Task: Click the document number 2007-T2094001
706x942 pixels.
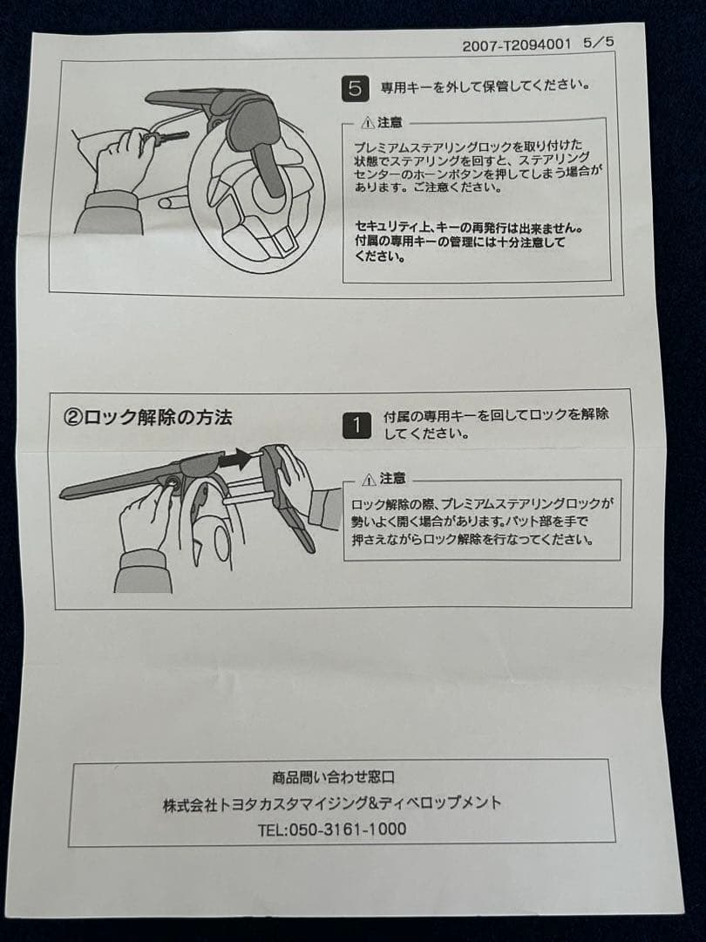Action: pos(516,45)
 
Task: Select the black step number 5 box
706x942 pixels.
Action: pos(355,88)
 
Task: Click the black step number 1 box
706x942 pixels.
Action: pos(356,426)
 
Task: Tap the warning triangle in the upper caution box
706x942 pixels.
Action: pos(368,123)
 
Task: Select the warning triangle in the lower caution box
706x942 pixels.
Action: pos(369,480)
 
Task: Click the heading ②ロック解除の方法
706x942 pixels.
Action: pos(147,417)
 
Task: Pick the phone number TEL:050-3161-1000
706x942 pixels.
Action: pos(332,829)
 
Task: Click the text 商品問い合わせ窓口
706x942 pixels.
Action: pos(334,777)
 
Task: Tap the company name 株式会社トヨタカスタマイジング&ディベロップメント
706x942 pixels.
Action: pos(332,803)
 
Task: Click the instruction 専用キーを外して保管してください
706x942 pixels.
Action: pos(485,85)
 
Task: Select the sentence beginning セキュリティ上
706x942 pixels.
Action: pos(469,242)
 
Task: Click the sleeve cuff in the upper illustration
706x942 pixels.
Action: pos(112,200)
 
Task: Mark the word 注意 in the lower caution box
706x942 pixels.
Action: pos(392,479)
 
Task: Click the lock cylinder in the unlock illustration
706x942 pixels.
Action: pos(173,481)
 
